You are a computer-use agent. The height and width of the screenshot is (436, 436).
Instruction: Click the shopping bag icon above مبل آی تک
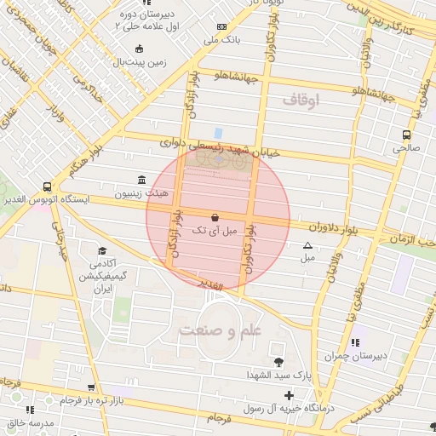[213, 216]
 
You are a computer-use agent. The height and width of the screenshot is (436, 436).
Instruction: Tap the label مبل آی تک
[210, 231]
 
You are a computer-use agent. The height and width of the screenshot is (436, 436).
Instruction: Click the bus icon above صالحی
[405, 134]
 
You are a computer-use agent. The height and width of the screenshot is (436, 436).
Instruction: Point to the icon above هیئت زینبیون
[141, 180]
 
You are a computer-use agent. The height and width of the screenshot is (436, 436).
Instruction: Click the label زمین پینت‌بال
[143, 62]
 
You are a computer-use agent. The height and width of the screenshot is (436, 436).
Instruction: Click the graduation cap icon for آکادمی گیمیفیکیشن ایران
[102, 251]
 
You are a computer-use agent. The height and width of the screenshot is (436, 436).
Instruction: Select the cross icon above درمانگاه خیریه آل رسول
[290, 395]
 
